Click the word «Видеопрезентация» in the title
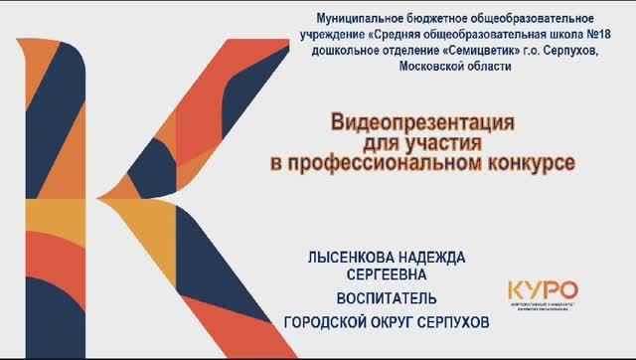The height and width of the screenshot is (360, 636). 421,123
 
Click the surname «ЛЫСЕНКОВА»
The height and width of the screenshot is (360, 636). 349,257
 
